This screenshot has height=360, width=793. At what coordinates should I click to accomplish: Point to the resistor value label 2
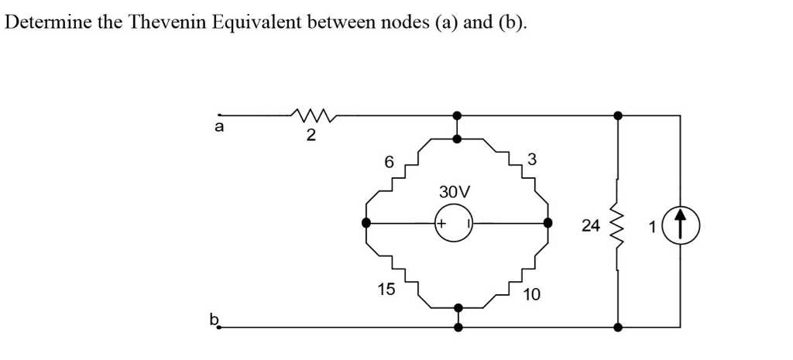coord(311,136)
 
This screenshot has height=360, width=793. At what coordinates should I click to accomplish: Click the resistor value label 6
coord(389,162)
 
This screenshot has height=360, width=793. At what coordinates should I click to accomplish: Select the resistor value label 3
coord(530,159)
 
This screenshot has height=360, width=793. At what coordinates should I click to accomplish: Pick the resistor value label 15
coord(386,289)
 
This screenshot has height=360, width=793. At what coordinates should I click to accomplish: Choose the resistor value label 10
coord(532,295)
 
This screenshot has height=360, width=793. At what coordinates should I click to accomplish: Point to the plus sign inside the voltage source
coord(442,223)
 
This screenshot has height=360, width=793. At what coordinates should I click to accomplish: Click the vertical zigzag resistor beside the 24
coord(617,225)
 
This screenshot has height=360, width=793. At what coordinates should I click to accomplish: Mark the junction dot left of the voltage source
coord(366,223)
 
